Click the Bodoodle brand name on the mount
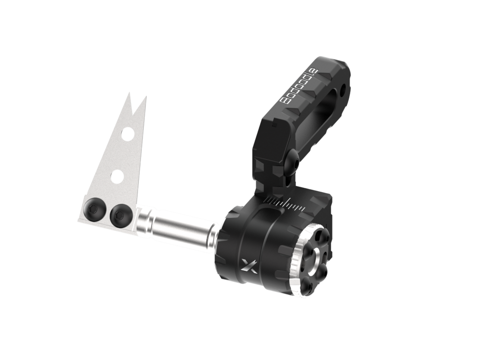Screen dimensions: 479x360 pos(299,87)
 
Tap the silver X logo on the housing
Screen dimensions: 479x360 pos(249,266)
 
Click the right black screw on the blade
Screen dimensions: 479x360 pos(121,215)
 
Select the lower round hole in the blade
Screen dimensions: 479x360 pos(117,176)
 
